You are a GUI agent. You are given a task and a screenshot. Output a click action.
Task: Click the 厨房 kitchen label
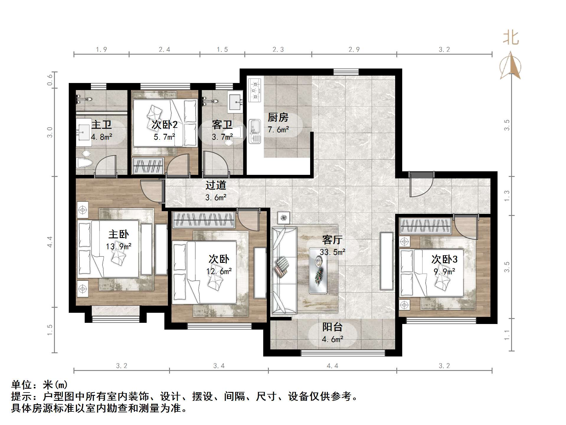[278, 118]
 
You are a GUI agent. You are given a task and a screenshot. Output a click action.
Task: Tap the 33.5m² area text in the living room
[332, 252]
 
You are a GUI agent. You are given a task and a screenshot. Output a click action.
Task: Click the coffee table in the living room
[318, 270]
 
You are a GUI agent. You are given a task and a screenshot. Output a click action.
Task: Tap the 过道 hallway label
[216, 185]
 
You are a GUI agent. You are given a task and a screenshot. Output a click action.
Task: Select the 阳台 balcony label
[332, 327]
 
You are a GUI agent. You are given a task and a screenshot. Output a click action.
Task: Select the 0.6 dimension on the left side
[50, 80]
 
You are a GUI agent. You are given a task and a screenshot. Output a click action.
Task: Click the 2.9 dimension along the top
[354, 50]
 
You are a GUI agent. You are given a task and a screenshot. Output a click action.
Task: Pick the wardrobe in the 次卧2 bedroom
[148, 166]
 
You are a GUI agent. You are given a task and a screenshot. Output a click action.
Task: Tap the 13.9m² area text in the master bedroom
[119, 246]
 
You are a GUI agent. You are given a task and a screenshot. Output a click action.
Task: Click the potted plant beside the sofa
[284, 218]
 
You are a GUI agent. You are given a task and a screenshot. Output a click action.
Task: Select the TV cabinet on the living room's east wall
[386, 261]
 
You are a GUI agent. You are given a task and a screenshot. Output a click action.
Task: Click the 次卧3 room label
[444, 259]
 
